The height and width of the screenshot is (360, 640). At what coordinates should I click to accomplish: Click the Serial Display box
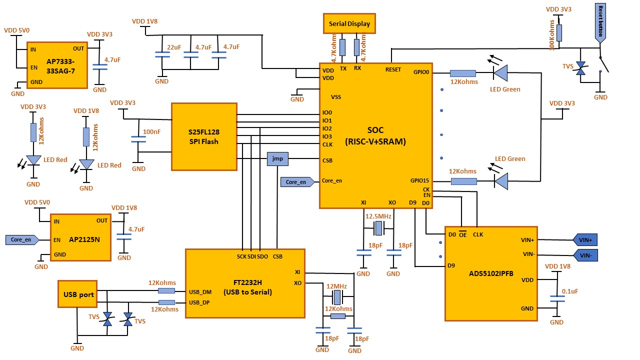click(349, 23)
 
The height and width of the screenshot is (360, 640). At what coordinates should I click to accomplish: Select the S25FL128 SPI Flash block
click(204, 136)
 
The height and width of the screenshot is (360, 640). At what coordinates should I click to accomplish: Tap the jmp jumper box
click(277, 159)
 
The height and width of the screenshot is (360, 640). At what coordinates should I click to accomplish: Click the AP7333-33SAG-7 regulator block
click(57, 65)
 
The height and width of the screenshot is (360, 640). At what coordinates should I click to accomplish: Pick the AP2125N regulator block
click(80, 237)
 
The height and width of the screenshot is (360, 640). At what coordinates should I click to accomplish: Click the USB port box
click(77, 294)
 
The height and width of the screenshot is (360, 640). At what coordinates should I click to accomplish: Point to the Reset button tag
click(600, 23)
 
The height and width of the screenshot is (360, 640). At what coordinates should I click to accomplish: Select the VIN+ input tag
click(585, 240)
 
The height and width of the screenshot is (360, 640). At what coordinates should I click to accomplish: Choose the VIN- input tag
click(585, 255)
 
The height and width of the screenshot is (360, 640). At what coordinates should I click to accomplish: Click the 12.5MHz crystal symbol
click(378, 228)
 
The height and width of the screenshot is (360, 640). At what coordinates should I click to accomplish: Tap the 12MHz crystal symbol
click(337, 297)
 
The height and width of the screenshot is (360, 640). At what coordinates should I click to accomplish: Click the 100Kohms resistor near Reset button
click(559, 33)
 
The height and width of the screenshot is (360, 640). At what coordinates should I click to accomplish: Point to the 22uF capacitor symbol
click(162, 54)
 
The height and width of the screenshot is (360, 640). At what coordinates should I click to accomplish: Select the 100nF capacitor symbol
click(138, 139)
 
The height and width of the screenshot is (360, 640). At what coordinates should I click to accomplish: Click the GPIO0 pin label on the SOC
click(421, 72)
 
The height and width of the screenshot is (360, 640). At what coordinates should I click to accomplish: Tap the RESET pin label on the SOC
click(393, 69)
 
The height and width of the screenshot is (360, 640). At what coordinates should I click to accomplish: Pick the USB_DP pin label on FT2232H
click(199, 302)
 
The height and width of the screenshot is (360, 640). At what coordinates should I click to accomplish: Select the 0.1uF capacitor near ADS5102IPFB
click(557, 298)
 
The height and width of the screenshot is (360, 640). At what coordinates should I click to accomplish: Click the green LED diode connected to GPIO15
click(501, 181)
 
